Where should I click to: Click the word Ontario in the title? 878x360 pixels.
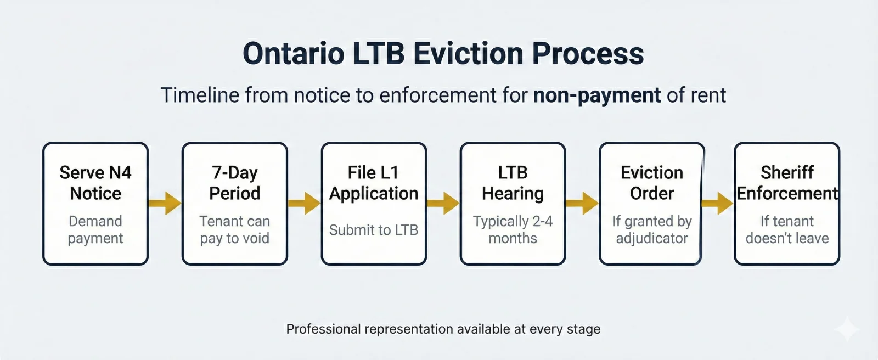click(293, 54)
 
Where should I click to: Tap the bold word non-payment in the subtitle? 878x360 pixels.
click(597, 95)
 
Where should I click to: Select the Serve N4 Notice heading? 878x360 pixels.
click(95, 183)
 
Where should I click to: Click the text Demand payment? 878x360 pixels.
click(95, 229)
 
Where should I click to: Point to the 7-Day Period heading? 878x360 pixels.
click(235, 183)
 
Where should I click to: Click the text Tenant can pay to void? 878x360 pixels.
click(235, 229)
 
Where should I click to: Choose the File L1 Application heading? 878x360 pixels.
click(374, 183)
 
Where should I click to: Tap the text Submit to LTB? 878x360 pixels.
click(374, 230)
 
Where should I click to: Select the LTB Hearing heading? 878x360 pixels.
click(513, 183)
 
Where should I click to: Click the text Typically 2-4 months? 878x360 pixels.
click(513, 229)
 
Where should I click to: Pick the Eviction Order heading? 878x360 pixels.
click(652, 183)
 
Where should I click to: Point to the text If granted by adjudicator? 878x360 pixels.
click(652, 229)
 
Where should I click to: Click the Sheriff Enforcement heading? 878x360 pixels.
click(787, 183)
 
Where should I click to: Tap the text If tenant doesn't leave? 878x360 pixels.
click(787, 229)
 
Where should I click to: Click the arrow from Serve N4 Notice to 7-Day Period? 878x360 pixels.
click(165, 204)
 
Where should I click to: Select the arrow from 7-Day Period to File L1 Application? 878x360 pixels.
click(304, 204)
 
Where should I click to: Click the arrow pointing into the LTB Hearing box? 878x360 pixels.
click(443, 204)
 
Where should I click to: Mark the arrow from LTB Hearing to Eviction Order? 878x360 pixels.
click(582, 204)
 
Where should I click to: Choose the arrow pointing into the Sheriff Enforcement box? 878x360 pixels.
click(718, 204)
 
